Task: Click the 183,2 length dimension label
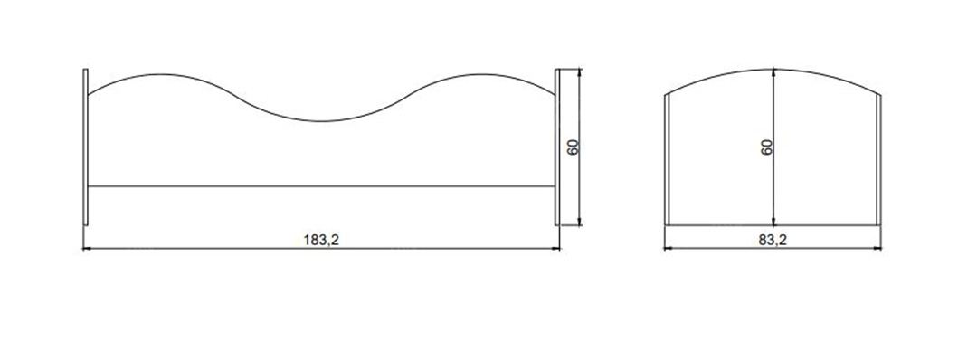pos(321,241)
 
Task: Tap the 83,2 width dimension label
pos(773,240)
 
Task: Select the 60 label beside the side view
pos(574,147)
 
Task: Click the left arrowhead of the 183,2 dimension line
pos(86,249)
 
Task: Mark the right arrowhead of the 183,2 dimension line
pos(556,249)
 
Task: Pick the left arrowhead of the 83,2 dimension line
pos(668,249)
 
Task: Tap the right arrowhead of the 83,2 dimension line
pos(877,249)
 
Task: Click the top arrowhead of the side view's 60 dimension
pos(580,72)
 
